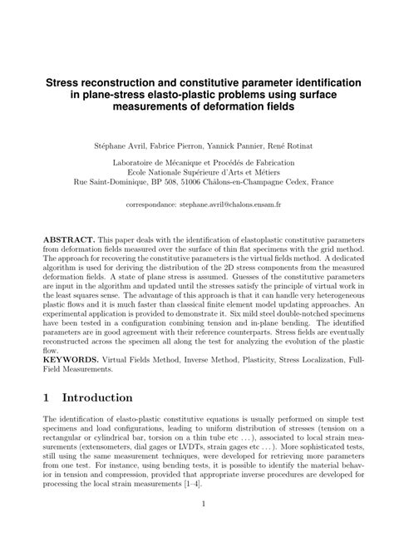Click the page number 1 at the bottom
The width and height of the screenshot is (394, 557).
pyautogui.click(x=197, y=527)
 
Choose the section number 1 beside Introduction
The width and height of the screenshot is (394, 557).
pyautogui.click(x=48, y=398)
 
